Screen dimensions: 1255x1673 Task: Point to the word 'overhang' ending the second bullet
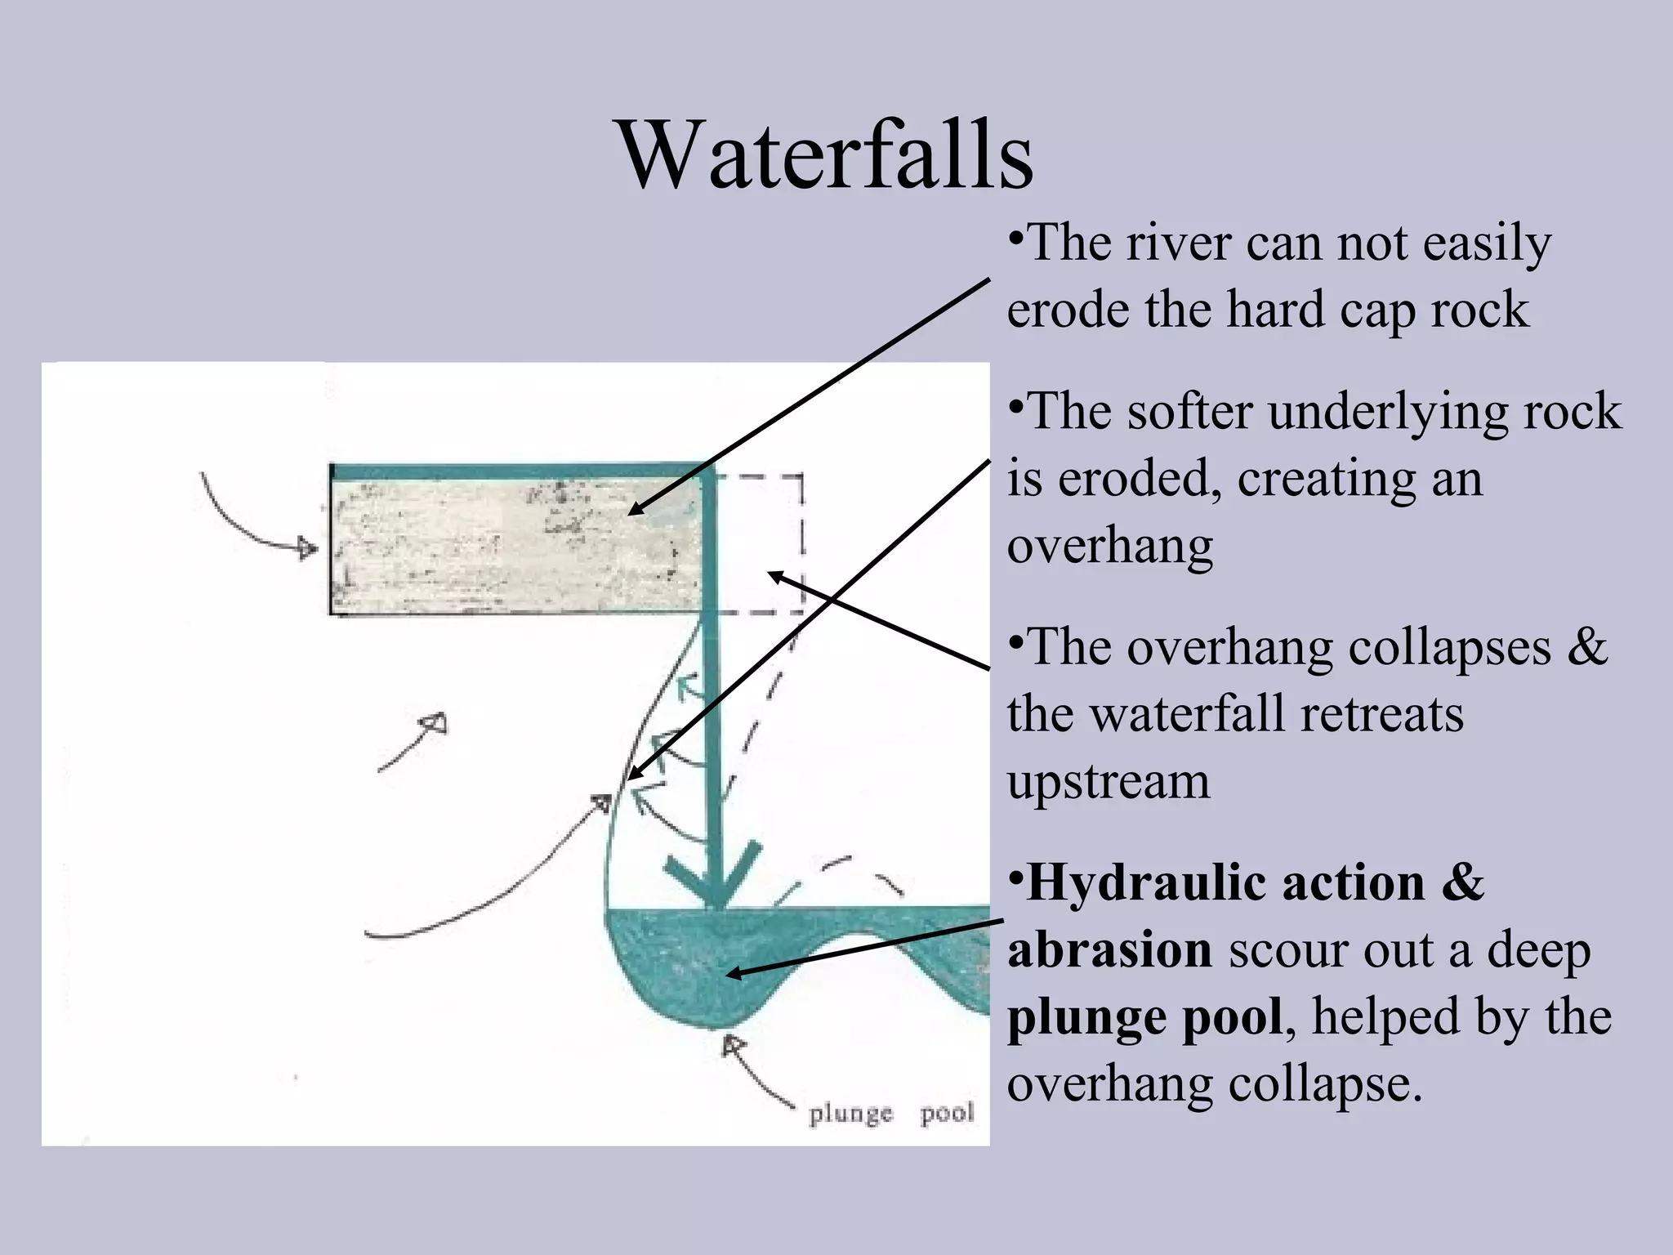pyautogui.click(x=1109, y=547)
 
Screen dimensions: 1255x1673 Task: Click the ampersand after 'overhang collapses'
pyautogui.click(x=1586, y=647)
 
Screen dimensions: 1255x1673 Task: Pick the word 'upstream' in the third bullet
pyautogui.click(x=1108, y=783)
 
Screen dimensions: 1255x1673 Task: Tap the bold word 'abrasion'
pyautogui.click(x=1109, y=950)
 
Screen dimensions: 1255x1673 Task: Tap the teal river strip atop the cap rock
pyautogui.click(x=515, y=472)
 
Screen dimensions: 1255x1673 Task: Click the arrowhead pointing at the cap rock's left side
pyautogui.click(x=307, y=547)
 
